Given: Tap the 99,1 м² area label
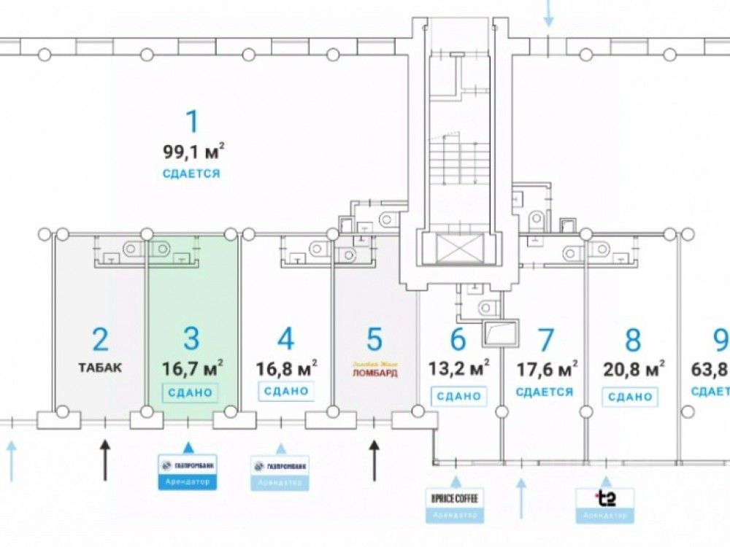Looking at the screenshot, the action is tap(193, 152).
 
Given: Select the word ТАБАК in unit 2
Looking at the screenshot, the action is tap(101, 367).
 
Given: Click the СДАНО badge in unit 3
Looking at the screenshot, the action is tap(191, 392).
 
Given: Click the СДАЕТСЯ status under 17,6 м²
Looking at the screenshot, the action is tap(544, 392).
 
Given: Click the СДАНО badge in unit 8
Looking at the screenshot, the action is tap(628, 396).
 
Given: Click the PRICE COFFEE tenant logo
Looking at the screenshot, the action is tap(456, 499).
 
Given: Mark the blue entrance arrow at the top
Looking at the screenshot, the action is tap(548, 13).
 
